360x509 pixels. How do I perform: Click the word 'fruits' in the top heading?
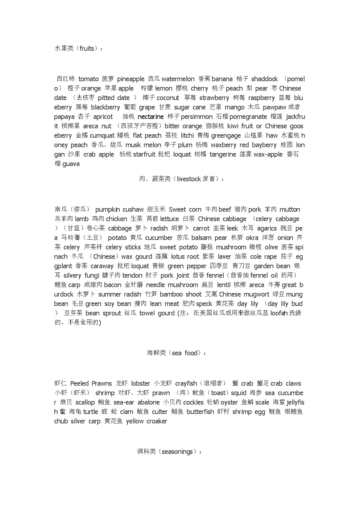coord(87,48)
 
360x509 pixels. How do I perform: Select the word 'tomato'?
coord(88,79)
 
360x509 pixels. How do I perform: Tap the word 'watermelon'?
coord(178,79)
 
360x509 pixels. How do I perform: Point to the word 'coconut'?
coord(168,98)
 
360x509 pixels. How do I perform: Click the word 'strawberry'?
coord(214,98)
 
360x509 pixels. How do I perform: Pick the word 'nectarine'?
coord(151,117)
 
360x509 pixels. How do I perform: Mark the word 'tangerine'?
coord(223,154)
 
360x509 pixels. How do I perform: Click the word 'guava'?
coord(71,164)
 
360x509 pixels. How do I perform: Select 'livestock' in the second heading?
coord(189,179)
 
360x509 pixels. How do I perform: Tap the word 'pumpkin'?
coord(107,210)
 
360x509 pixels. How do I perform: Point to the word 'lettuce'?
coord(170,219)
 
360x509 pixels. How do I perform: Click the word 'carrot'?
coord(201,228)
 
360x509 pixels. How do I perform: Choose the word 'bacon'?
coord(112,285)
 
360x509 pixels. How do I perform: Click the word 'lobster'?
coord(141,384)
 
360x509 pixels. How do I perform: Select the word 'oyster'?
coord(229,402)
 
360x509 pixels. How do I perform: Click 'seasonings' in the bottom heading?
coord(177,452)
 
